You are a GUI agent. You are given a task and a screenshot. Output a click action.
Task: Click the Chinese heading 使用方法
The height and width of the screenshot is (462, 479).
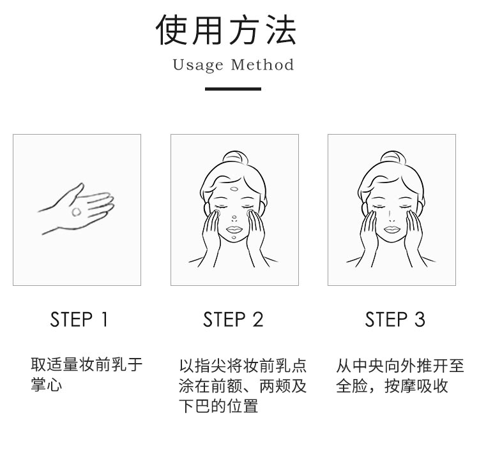tap(226, 30)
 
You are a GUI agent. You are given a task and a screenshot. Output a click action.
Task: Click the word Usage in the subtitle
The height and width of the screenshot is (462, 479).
tap(198, 65)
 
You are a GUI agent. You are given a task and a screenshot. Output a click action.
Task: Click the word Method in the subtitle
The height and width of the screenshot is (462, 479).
tap(262, 64)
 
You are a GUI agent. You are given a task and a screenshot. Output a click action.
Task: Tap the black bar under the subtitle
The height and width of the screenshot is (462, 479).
tap(233, 89)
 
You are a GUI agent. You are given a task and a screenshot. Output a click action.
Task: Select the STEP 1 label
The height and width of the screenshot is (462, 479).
tap(79, 320)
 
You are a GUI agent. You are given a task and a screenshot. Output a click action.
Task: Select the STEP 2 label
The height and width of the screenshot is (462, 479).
tap(233, 320)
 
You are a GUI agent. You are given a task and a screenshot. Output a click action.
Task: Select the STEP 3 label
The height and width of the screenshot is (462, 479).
tap(395, 320)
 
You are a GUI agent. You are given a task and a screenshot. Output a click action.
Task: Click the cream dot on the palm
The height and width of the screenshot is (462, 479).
tap(77, 211)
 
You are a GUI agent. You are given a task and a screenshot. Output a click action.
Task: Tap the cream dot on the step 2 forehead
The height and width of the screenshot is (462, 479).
tap(234, 189)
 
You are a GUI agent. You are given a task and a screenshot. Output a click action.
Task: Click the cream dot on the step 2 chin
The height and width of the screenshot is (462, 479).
tap(234, 237)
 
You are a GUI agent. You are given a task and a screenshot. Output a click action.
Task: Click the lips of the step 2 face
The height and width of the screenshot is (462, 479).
tap(234, 229)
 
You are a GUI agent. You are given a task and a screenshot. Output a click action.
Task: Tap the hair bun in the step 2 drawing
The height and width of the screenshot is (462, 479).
tap(234, 158)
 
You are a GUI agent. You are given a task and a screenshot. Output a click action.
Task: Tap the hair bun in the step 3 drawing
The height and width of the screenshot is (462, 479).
tap(392, 158)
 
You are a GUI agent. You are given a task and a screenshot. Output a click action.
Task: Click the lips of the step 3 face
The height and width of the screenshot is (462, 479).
tap(392, 229)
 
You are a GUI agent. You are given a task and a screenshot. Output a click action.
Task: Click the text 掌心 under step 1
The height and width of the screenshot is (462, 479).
tap(47, 385)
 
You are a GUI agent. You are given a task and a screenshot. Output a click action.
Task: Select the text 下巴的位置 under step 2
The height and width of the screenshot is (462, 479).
tap(218, 406)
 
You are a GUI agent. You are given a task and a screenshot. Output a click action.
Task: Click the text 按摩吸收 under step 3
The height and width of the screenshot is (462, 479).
tap(416, 385)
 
